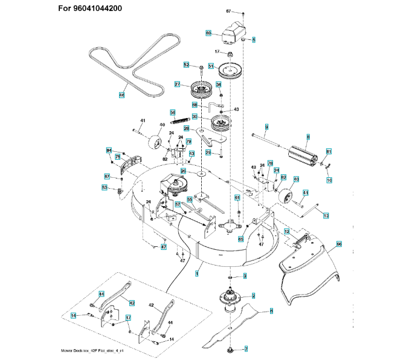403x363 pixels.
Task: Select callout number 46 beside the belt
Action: click(121, 94)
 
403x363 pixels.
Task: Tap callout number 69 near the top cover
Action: click(208, 33)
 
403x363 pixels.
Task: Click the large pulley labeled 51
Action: click(231, 68)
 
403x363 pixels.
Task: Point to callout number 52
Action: click(186, 65)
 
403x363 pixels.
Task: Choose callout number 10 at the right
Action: click(329, 180)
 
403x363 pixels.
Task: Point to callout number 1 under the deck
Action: click(197, 273)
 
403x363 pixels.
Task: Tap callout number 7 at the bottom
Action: click(246, 349)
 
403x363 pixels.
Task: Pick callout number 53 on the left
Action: click(104, 188)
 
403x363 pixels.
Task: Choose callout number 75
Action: click(117, 157)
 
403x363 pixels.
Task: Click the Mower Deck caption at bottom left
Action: click(101, 351)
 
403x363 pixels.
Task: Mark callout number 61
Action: click(237, 198)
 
